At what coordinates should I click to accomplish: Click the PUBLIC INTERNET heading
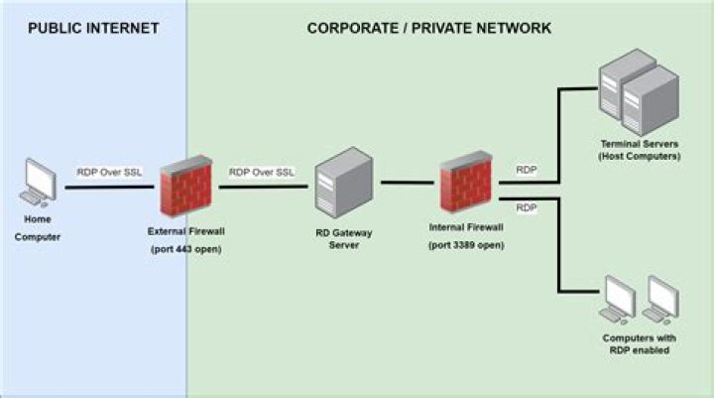click(93, 28)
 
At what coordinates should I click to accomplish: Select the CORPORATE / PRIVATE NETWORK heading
click(429, 28)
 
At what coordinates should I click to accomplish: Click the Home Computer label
click(38, 227)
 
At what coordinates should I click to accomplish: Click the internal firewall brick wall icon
click(466, 183)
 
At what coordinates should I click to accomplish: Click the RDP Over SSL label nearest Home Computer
click(110, 172)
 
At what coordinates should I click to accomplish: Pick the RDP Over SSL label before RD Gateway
click(262, 172)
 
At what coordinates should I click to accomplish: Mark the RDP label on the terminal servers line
click(526, 170)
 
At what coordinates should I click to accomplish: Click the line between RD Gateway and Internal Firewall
click(408, 184)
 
